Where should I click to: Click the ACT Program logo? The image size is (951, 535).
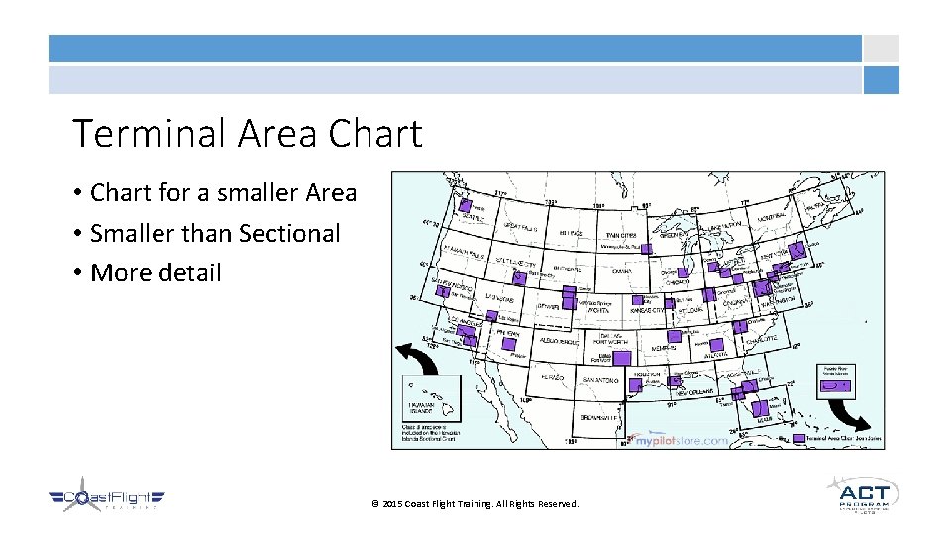tap(863, 494)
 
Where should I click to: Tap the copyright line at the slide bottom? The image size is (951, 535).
tap(475, 504)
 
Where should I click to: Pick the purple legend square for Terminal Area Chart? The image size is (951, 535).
tap(798, 437)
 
